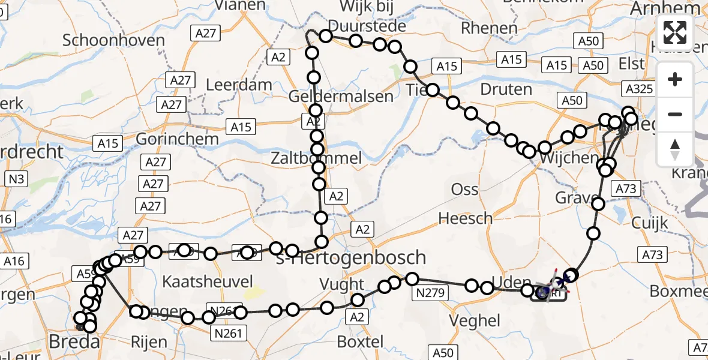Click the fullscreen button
point(675,32)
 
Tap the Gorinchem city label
point(177,139)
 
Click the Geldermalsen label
point(341,96)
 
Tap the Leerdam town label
point(239,85)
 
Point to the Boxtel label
point(360,342)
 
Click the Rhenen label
point(490,28)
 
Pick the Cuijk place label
point(649,223)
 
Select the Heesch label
point(466,218)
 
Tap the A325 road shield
point(638,89)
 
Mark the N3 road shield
point(17,178)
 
